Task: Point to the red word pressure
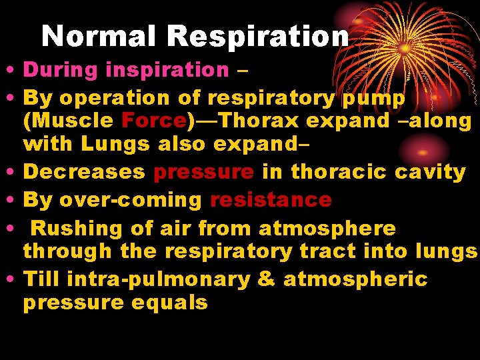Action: (x=203, y=171)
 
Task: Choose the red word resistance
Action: (x=271, y=199)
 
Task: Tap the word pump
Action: (x=373, y=97)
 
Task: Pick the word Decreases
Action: (x=84, y=171)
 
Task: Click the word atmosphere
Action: (x=327, y=228)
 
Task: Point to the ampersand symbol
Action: (x=266, y=279)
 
